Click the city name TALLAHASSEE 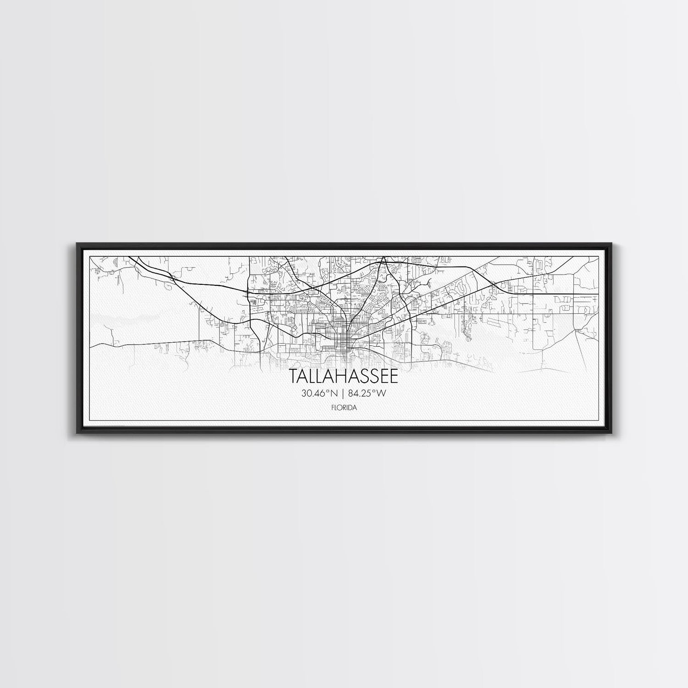click(x=344, y=377)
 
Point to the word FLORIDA click(x=344, y=406)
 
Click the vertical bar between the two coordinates click(x=344, y=393)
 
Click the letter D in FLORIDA click(x=350, y=406)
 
